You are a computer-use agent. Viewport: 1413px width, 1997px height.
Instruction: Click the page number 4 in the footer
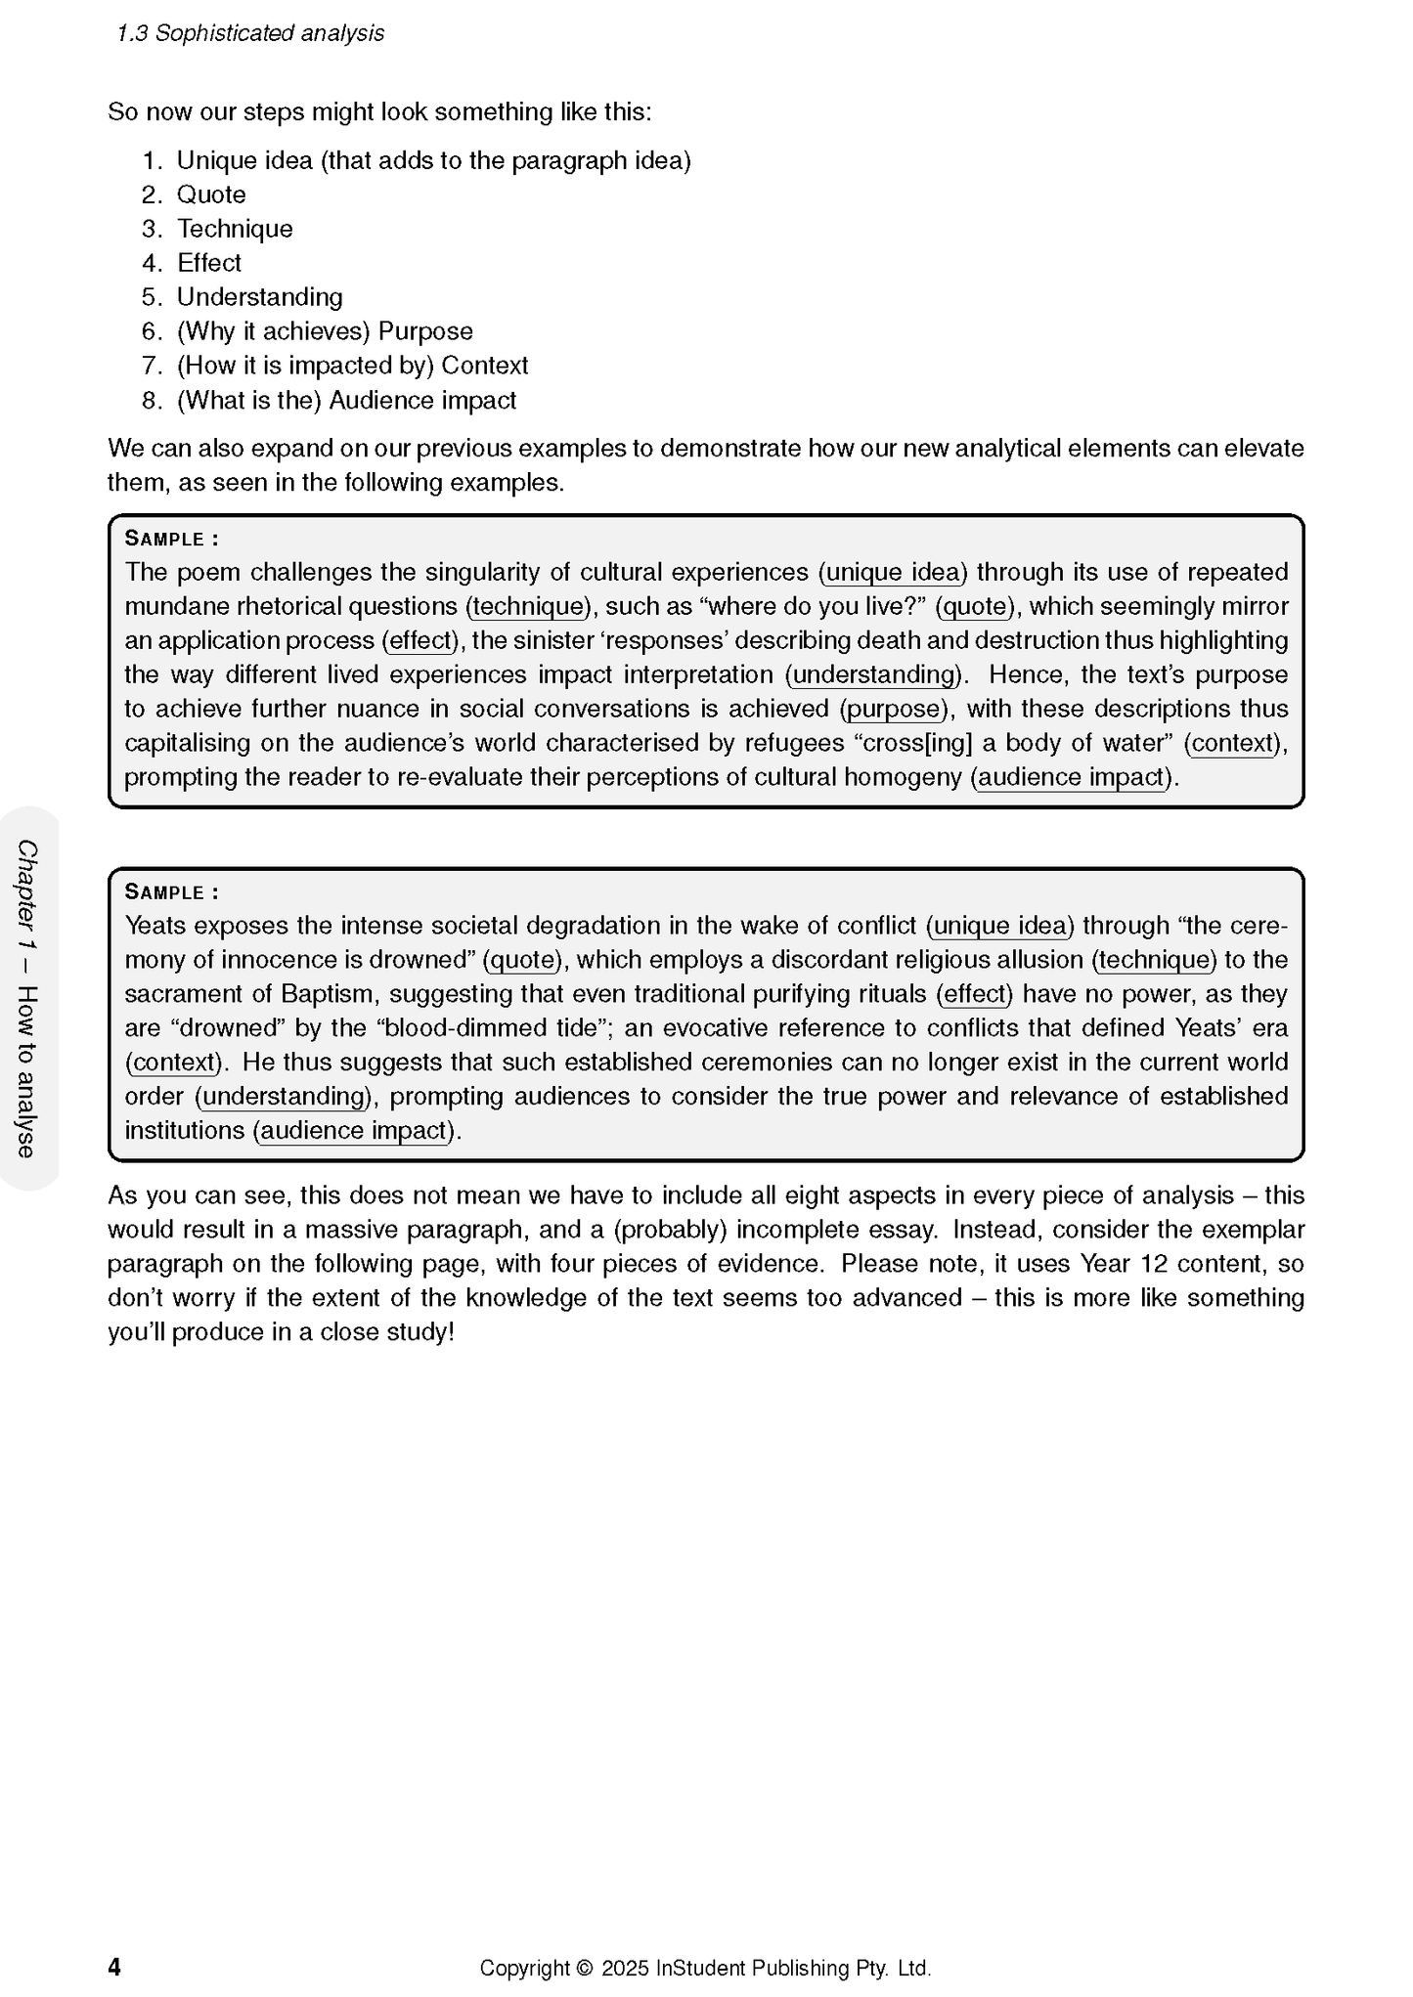(114, 1967)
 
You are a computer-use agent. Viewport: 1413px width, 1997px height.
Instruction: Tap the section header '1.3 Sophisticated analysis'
(250, 33)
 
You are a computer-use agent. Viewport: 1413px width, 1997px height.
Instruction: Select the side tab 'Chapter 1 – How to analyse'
(28, 998)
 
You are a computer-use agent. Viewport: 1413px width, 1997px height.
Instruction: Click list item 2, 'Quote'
(211, 195)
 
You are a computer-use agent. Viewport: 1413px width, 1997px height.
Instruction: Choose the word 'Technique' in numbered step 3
(235, 229)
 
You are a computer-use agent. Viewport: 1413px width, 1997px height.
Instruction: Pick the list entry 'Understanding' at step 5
(259, 297)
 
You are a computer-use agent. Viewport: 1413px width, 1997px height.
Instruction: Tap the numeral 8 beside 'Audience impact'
(151, 401)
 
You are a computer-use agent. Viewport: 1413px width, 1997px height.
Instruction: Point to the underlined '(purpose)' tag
(894, 710)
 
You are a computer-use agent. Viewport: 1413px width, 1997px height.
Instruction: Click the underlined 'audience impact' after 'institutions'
(353, 1131)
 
